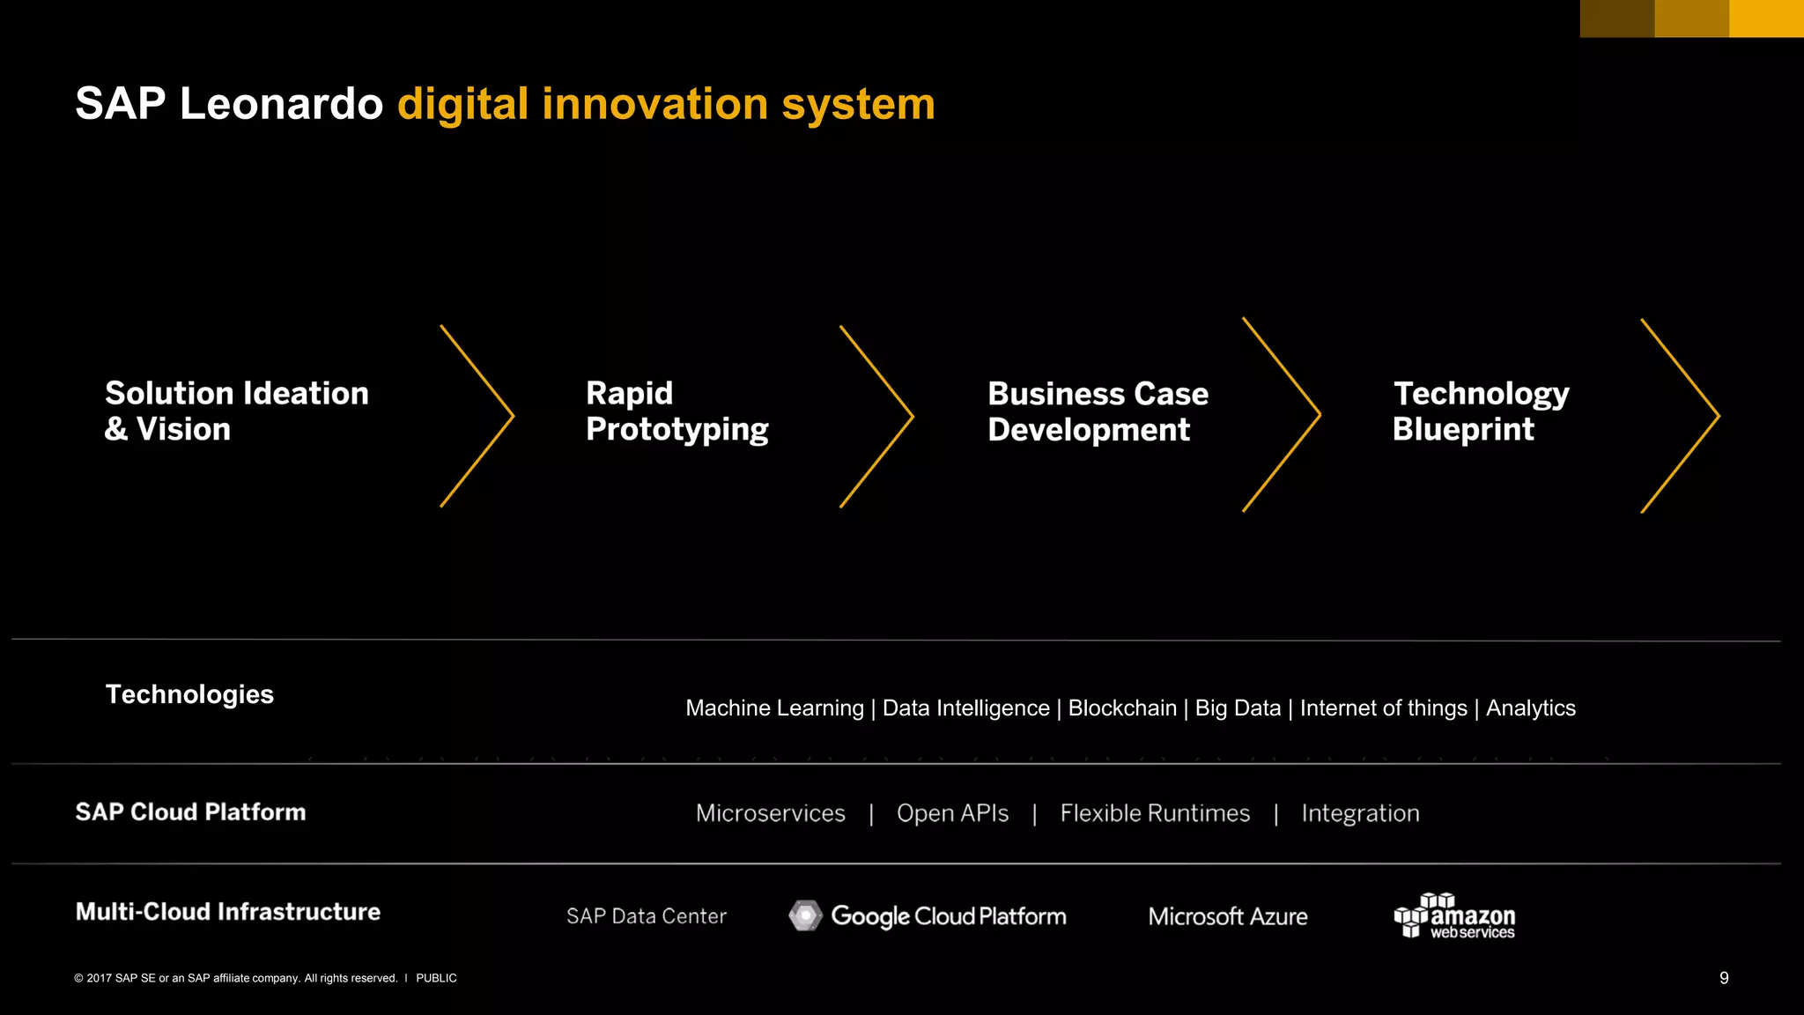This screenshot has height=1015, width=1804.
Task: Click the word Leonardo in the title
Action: click(x=281, y=104)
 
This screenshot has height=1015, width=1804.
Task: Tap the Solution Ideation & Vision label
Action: click(x=236, y=411)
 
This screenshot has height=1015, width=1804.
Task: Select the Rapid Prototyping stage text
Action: click(x=676, y=411)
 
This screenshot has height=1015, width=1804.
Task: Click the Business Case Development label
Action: click(x=1098, y=411)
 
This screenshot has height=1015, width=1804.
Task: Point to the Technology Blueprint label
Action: click(x=1480, y=411)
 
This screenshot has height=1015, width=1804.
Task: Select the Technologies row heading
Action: click(x=189, y=694)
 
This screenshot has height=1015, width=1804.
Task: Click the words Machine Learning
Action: click(x=774, y=708)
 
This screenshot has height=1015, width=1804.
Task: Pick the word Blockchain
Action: click(x=1121, y=708)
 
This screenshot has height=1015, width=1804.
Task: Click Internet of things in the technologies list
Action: click(x=1383, y=708)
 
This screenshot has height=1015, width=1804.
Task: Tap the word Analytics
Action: click(x=1530, y=708)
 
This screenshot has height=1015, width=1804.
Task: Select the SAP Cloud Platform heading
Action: click(x=190, y=811)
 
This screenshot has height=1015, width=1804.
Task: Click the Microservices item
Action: click(x=770, y=813)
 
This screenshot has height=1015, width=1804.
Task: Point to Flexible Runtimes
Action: click(x=1154, y=813)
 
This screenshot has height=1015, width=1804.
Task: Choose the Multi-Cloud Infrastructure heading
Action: click(x=227, y=911)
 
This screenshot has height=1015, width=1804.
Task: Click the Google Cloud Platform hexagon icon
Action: click(x=805, y=916)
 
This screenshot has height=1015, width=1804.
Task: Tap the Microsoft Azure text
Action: click(x=1227, y=916)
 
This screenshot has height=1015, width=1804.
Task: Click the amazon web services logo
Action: click(x=1454, y=916)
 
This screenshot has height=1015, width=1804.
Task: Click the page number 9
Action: click(x=1724, y=978)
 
